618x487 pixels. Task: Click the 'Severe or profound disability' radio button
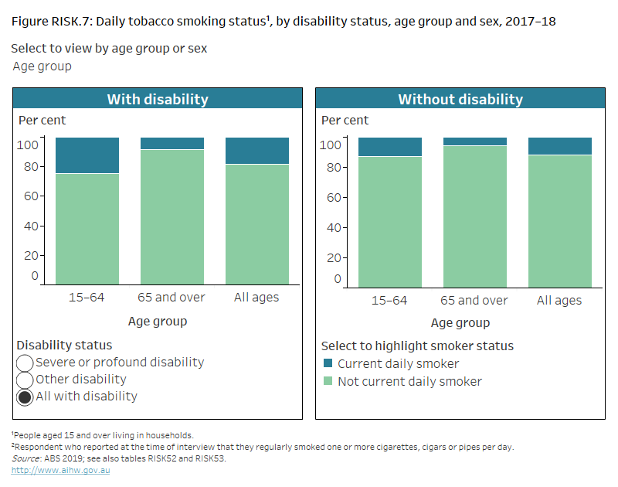pyautogui.click(x=25, y=363)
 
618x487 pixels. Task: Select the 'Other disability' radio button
pyautogui.click(x=25, y=380)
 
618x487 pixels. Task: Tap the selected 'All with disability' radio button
pyautogui.click(x=25, y=397)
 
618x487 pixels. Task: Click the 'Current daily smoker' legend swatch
pyautogui.click(x=328, y=364)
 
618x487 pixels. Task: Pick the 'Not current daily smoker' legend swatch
pyautogui.click(x=328, y=381)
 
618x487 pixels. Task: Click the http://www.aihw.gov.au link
pyautogui.click(x=60, y=470)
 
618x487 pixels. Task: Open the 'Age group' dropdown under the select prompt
pyautogui.click(x=42, y=66)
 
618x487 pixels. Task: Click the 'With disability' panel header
pyautogui.click(x=158, y=99)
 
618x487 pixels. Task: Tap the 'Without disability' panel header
pyautogui.click(x=460, y=99)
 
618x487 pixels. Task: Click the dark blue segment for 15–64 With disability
pyautogui.click(x=87, y=155)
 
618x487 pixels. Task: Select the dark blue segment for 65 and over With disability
pyautogui.click(x=171, y=143)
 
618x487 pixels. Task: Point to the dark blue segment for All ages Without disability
pyautogui.click(x=559, y=146)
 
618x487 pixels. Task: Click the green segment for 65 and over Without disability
pyautogui.click(x=474, y=216)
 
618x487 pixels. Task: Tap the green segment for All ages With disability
pyautogui.click(x=256, y=224)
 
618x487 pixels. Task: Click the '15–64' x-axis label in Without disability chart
pyautogui.click(x=389, y=300)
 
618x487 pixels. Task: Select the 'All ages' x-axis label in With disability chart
pyautogui.click(x=256, y=297)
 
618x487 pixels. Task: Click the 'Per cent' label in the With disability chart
pyautogui.click(x=42, y=121)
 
